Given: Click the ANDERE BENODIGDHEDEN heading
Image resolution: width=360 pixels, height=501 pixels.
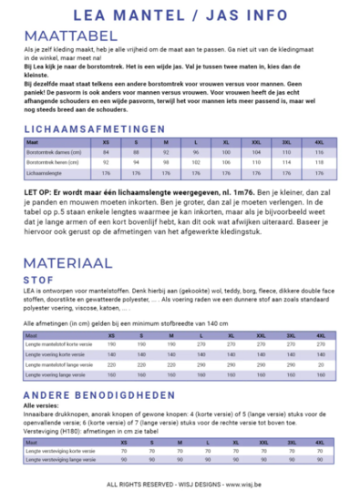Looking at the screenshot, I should pyautogui.click(x=98, y=394).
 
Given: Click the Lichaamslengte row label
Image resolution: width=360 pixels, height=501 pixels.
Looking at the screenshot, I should pyautogui.click(x=46, y=172).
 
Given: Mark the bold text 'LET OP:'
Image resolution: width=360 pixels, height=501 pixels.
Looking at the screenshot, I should pyautogui.click(x=36, y=192).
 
